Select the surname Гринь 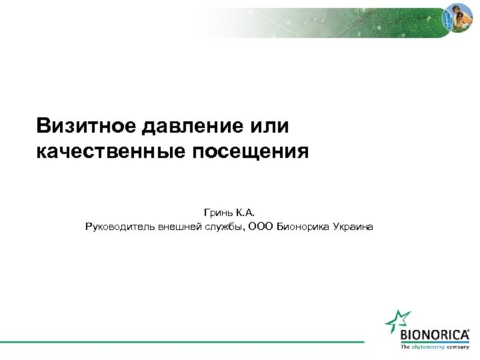[x=217, y=213]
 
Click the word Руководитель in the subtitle [x=120, y=227]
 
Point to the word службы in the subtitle [x=224, y=227]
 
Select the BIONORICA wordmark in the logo [x=433, y=334]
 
